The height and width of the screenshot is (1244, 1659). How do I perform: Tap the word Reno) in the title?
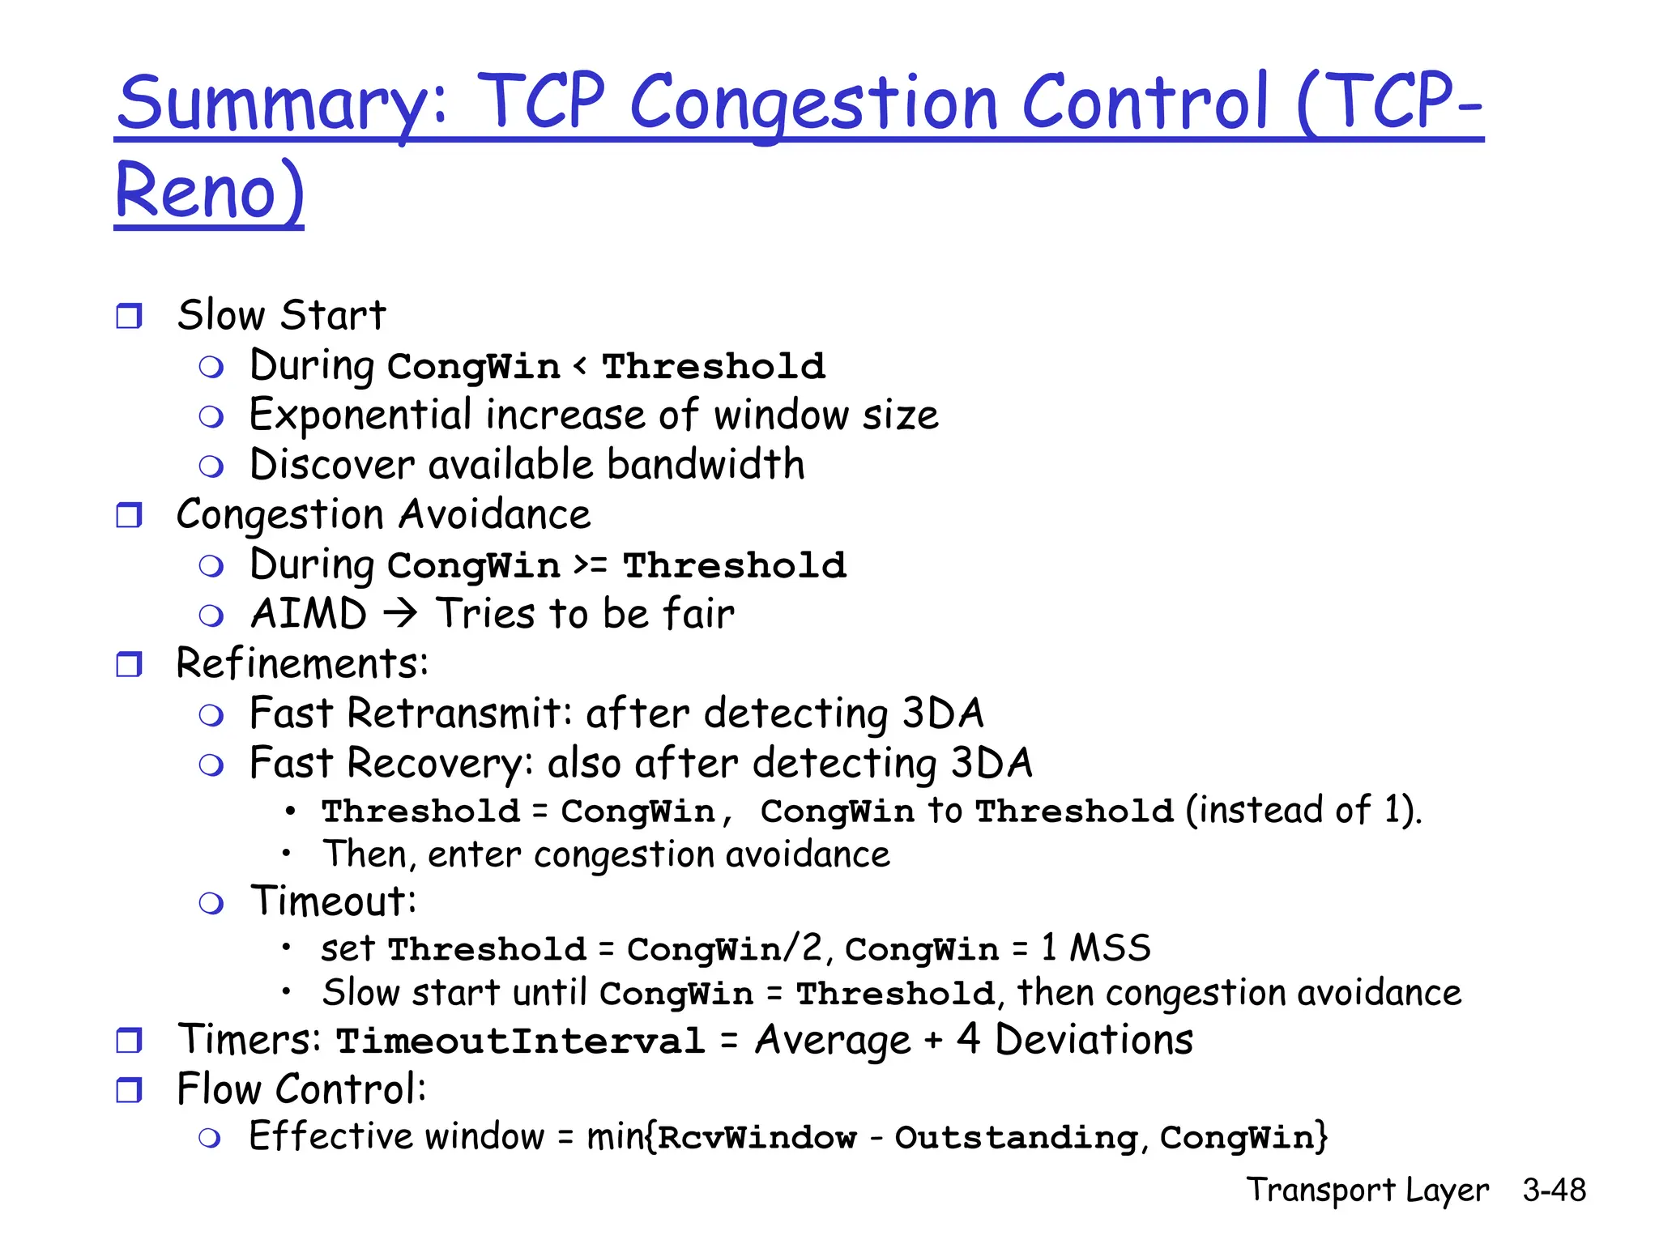(x=210, y=191)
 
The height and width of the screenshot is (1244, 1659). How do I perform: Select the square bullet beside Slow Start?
(x=129, y=316)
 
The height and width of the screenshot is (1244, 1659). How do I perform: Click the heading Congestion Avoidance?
(x=383, y=515)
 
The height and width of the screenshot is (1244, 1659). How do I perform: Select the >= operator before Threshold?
(x=591, y=564)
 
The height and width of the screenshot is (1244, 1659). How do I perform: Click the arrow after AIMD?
(x=400, y=613)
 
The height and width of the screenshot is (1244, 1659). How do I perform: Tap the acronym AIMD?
(x=309, y=613)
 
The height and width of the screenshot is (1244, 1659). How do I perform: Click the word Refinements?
(x=302, y=663)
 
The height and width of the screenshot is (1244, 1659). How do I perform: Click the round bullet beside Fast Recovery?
(x=211, y=765)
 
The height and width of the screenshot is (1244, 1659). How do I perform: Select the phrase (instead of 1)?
(x=1303, y=810)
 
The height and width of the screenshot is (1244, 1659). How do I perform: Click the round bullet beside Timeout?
(x=211, y=903)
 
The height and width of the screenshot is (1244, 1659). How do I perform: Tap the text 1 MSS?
(x=1095, y=948)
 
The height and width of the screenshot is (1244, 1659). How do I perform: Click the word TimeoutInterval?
(x=520, y=1041)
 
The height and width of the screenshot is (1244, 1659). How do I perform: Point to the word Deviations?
(x=1094, y=1040)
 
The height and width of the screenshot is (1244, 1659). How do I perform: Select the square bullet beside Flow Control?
(x=129, y=1090)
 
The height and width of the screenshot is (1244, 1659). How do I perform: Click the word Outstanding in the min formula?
(x=1017, y=1138)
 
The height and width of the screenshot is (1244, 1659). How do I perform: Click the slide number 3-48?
(x=1554, y=1190)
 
